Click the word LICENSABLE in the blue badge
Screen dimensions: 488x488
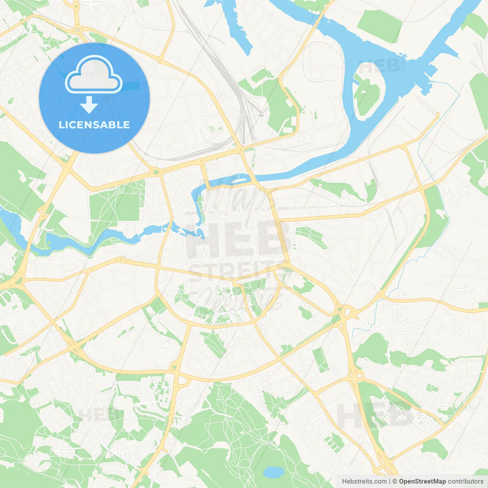click(94, 125)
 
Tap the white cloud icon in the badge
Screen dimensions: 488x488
click(94, 75)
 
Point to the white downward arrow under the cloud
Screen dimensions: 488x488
click(89, 104)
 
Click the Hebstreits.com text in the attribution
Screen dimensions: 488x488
click(364, 482)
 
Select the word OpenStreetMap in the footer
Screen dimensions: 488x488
click(422, 482)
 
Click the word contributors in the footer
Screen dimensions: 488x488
click(466, 482)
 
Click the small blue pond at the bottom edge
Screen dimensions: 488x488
click(273, 472)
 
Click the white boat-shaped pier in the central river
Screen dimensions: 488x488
click(239, 177)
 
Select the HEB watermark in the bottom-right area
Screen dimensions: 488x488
click(376, 416)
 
